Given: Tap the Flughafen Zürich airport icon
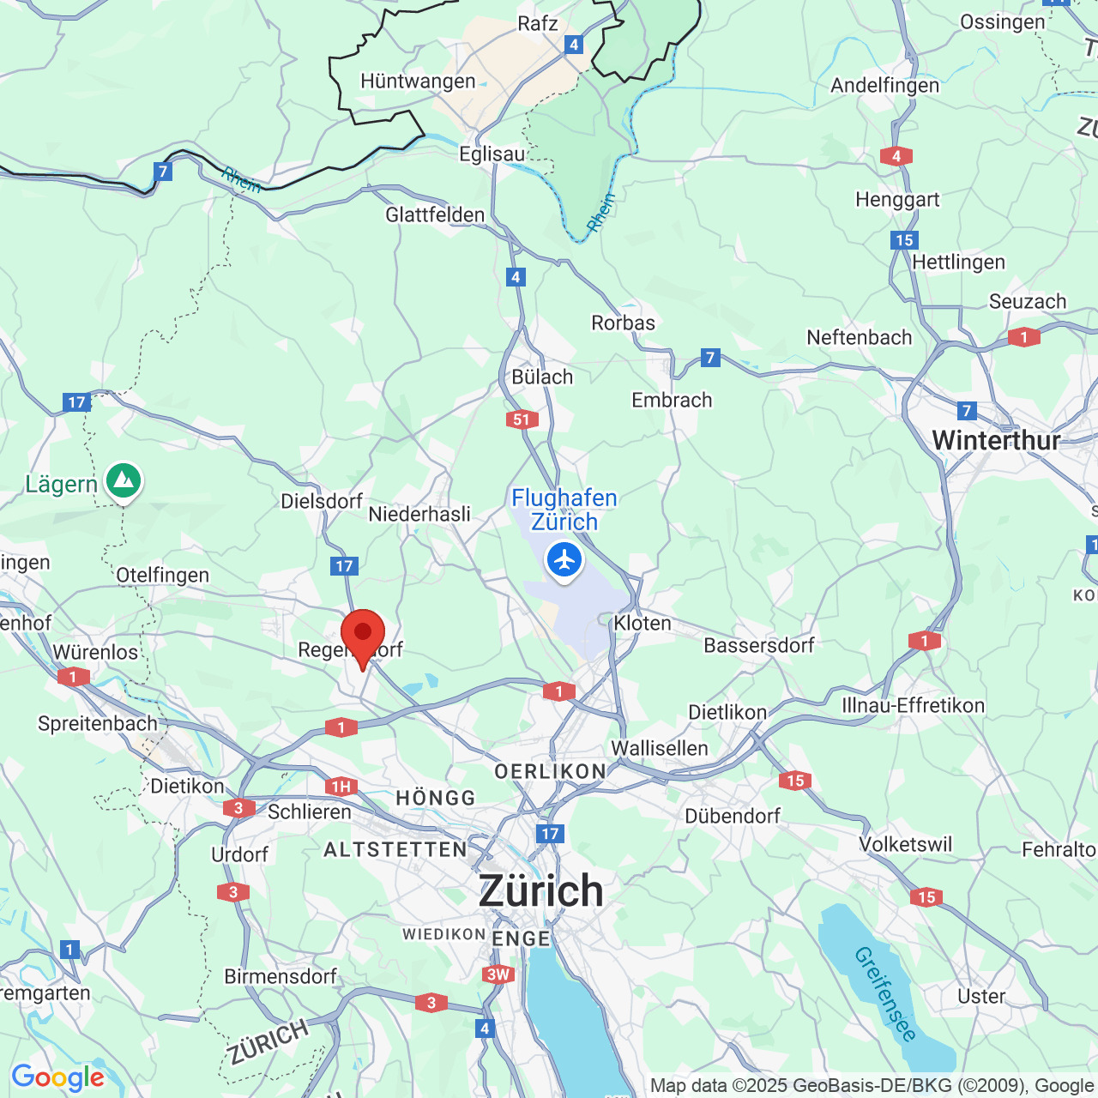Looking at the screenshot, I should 564,560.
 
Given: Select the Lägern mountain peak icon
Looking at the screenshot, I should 124,481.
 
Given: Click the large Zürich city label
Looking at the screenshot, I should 540,890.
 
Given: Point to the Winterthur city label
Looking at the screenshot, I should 996,441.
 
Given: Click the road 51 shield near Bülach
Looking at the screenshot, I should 522,419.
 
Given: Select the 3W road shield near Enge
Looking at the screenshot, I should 498,974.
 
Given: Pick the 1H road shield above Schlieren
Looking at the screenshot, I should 341,787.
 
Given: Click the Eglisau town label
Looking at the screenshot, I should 492,154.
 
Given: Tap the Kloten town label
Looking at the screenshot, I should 643,624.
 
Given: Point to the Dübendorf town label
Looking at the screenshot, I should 733,816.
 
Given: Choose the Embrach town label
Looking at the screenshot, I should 672,401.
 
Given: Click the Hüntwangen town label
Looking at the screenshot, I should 418,81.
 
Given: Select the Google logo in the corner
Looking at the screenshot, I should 57,1077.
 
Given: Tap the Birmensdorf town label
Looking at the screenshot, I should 281,977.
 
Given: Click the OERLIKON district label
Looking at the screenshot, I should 550,772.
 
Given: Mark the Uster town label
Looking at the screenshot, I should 981,997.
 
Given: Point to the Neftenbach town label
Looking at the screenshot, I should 859,338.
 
